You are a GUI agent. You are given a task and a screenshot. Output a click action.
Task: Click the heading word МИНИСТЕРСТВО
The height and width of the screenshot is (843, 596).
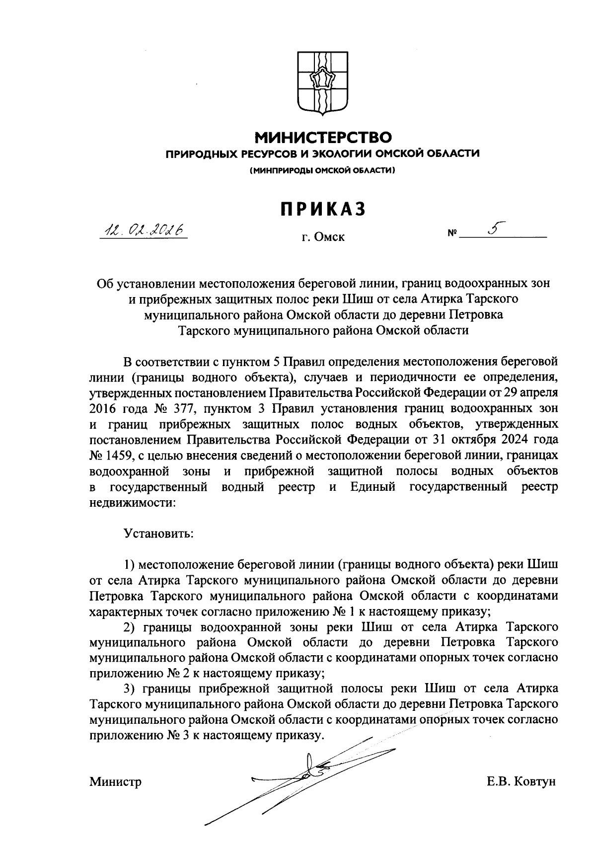tap(323, 136)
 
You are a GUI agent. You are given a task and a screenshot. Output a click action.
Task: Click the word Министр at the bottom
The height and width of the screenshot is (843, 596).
tap(116, 782)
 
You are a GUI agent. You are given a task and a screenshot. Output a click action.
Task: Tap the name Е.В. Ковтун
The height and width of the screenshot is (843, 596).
tap(521, 782)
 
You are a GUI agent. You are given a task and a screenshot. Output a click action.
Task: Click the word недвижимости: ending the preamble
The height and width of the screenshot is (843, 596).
tap(133, 502)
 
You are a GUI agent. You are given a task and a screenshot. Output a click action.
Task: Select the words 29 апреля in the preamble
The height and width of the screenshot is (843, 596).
tap(532, 393)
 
